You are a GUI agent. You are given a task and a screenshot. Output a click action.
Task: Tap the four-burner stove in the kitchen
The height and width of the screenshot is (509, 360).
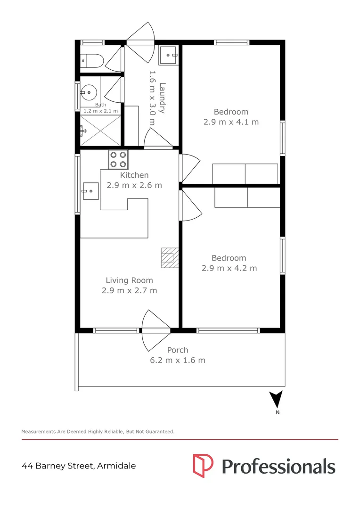[x=118, y=159]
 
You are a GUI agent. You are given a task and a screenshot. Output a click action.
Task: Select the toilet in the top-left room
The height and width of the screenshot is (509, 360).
[x=92, y=60]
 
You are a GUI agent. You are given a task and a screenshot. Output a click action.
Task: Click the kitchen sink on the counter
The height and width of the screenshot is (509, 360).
[x=90, y=191]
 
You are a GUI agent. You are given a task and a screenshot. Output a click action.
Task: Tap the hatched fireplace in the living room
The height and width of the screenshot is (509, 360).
[x=170, y=258]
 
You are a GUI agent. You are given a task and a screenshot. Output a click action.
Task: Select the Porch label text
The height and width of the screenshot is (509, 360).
[x=178, y=350]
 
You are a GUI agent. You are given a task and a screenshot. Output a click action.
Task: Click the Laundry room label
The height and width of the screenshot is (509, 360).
[x=162, y=98]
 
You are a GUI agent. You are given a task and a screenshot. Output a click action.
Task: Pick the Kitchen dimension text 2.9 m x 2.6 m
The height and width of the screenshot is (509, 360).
[x=134, y=185]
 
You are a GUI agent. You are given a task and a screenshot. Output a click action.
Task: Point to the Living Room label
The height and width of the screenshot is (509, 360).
[x=129, y=280]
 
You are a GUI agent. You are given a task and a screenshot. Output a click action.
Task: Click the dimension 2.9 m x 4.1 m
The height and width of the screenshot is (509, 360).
[x=231, y=122]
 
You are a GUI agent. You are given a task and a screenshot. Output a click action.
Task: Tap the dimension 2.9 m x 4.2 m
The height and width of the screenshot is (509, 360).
[x=229, y=268]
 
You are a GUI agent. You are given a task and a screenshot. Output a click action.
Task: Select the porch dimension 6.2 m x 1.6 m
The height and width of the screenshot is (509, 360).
[x=174, y=361]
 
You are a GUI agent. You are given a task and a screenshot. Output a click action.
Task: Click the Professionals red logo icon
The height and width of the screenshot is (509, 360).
[x=203, y=466]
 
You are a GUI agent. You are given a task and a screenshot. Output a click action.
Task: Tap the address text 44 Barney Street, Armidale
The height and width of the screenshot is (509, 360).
[x=79, y=466]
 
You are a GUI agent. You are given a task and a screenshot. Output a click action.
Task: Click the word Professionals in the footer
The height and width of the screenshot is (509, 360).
[x=278, y=466]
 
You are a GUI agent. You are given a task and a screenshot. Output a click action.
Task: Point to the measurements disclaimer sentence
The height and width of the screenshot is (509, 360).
[x=98, y=431]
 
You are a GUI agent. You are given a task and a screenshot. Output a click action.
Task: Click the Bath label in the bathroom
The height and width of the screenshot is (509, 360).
[x=100, y=105]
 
